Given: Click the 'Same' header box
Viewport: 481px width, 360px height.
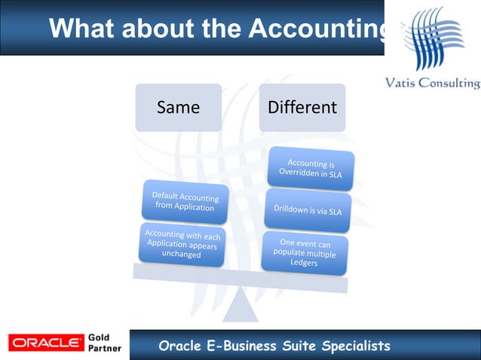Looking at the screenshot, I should (x=178, y=108).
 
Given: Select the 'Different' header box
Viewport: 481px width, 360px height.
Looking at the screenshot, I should (x=302, y=108).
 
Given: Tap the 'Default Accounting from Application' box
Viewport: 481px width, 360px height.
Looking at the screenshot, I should (x=185, y=202).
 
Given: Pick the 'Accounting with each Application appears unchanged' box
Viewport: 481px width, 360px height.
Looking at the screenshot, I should (x=181, y=244).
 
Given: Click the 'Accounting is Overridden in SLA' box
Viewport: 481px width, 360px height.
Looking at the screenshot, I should (x=311, y=167).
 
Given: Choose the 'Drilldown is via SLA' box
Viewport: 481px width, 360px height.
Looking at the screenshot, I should (x=308, y=210).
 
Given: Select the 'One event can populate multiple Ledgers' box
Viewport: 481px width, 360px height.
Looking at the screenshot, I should (x=305, y=253).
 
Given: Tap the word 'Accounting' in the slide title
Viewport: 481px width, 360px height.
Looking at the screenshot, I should (x=317, y=29).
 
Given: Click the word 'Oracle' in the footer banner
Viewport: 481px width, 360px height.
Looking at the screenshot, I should (x=179, y=346).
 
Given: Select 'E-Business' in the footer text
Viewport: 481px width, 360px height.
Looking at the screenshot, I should (x=242, y=346).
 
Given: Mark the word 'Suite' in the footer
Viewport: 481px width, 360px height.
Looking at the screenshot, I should (x=299, y=346).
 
